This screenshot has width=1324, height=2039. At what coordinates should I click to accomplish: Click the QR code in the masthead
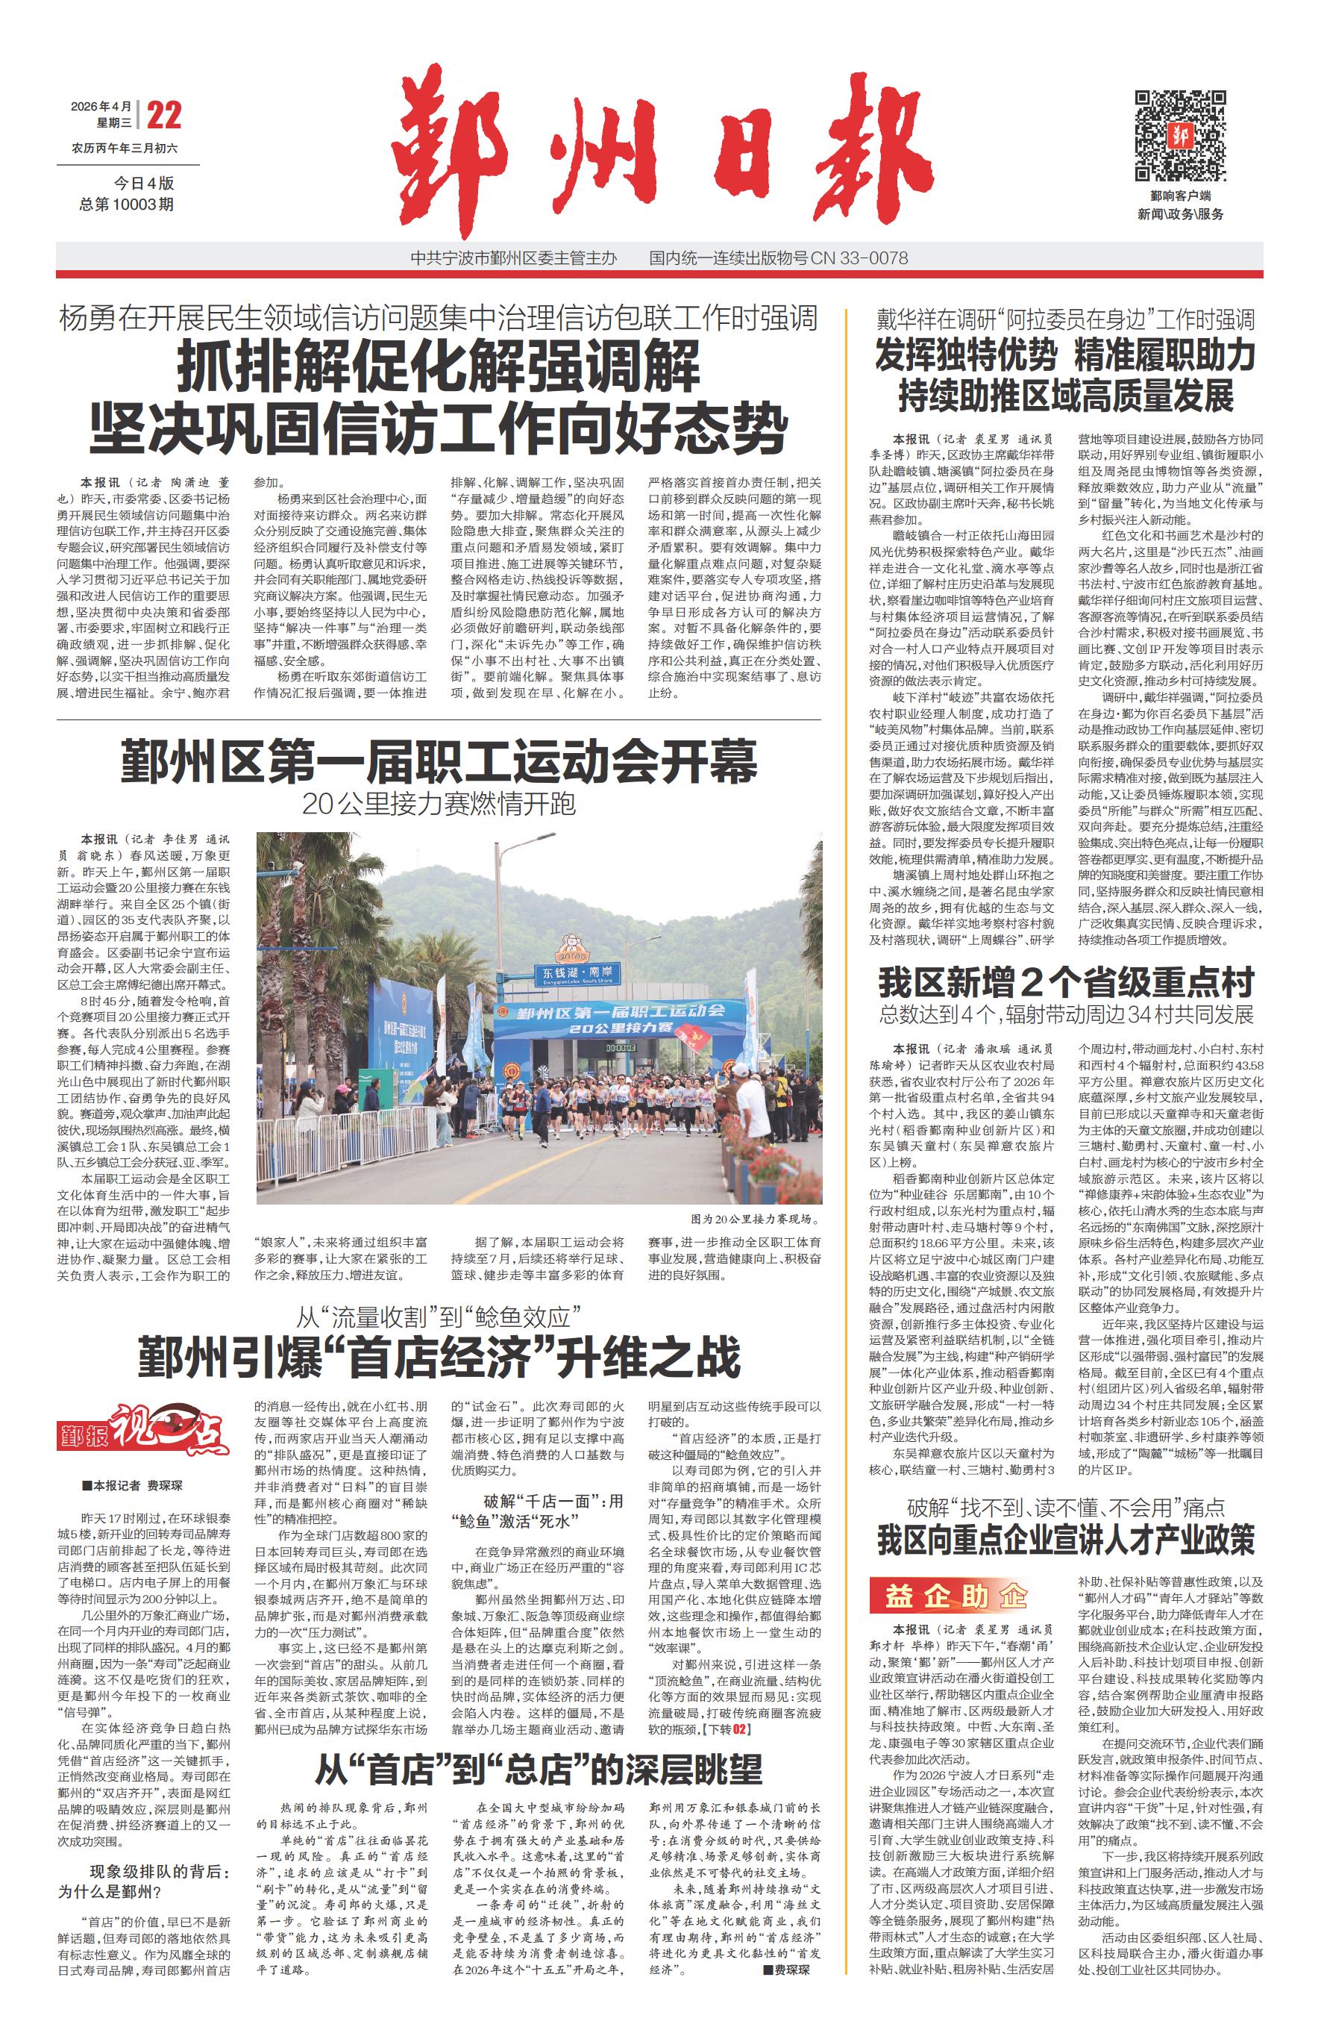click(x=1179, y=134)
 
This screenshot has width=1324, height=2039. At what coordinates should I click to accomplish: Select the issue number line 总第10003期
click(x=127, y=204)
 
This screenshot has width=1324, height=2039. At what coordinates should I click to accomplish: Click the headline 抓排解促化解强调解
click(x=439, y=366)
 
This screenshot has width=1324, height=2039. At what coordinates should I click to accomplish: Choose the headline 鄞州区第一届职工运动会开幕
click(x=439, y=761)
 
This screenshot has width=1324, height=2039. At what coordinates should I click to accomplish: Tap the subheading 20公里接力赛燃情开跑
click(x=439, y=804)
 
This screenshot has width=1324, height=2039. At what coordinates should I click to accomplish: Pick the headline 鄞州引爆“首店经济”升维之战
click(x=439, y=1358)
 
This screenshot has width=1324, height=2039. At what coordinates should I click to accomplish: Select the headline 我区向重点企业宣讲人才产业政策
click(x=1065, y=1540)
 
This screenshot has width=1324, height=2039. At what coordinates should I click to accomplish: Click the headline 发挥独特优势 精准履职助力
click(x=1065, y=355)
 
